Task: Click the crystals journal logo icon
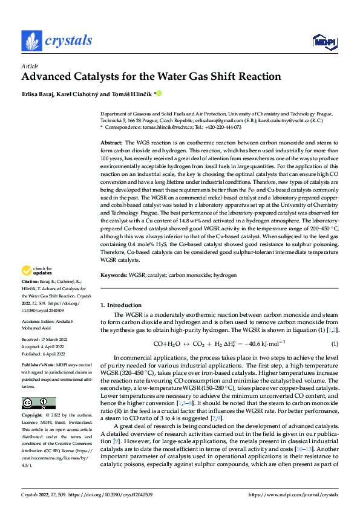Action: click(x=31, y=41)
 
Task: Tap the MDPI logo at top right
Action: click(x=321, y=41)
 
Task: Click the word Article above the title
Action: click(x=30, y=66)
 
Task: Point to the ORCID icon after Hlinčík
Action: click(x=160, y=94)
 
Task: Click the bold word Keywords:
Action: click(x=113, y=275)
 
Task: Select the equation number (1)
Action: click(x=334, y=345)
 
